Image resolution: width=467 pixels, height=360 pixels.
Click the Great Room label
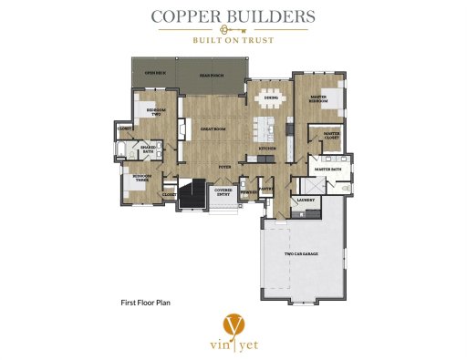click(213, 130)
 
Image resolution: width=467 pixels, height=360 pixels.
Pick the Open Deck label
click(154, 73)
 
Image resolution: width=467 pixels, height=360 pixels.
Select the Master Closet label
click(331, 136)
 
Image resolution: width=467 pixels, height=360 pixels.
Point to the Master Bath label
click(327, 169)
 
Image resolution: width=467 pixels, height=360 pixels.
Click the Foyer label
click(223, 168)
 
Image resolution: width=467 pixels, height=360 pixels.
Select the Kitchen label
click(266, 148)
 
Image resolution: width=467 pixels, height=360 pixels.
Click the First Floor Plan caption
click(147, 300)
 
